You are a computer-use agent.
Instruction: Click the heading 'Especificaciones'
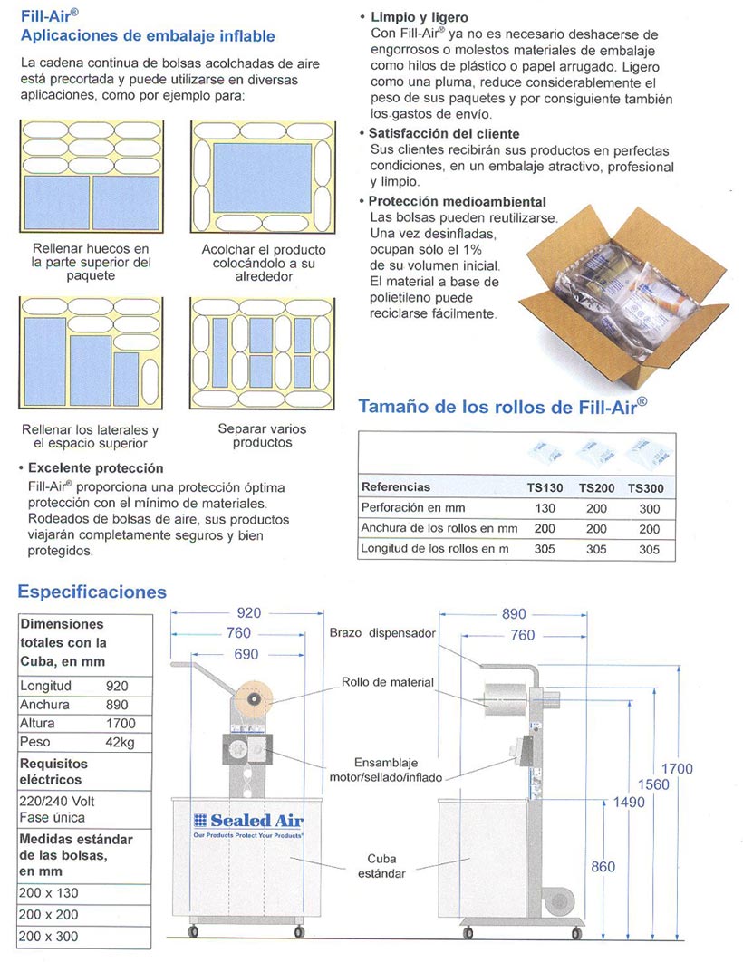(x=92, y=592)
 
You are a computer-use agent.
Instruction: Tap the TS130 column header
(x=545, y=487)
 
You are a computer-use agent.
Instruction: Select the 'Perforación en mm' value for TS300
(x=650, y=509)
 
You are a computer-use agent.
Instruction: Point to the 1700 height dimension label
(x=676, y=769)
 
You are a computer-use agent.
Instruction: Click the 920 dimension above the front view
(x=248, y=613)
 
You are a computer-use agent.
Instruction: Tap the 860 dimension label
(x=603, y=867)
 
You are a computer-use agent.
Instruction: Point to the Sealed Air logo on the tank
(x=248, y=821)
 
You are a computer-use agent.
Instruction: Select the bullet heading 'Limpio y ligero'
(x=413, y=17)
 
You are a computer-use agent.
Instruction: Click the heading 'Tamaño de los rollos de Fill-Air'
(x=503, y=406)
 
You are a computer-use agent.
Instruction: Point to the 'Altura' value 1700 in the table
(x=121, y=723)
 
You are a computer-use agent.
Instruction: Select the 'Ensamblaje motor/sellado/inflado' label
(x=392, y=770)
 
